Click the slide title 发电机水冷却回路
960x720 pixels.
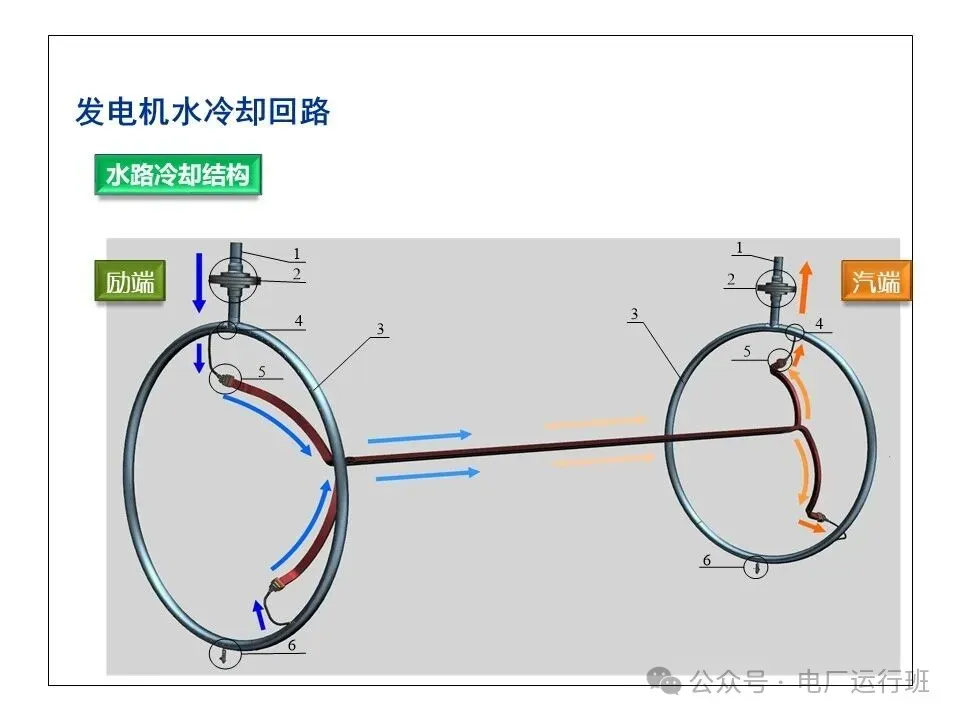tap(202, 111)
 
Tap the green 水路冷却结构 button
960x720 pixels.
tap(177, 176)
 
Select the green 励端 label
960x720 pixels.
tap(131, 282)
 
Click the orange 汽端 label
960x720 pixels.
tap(875, 282)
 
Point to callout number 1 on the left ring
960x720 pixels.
tap(297, 254)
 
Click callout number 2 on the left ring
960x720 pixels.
tap(297, 273)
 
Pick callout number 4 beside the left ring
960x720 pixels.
tap(298, 322)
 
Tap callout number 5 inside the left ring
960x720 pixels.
tap(262, 372)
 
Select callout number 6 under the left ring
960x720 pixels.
tap(292, 646)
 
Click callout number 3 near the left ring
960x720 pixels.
tap(381, 328)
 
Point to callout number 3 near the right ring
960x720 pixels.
tap(634, 315)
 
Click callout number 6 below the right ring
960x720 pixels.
tap(706, 561)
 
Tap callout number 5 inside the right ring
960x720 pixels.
tap(746, 351)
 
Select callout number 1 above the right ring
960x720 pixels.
tap(739, 247)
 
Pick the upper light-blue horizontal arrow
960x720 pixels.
tap(418, 436)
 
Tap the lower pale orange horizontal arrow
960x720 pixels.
tap(600, 462)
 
